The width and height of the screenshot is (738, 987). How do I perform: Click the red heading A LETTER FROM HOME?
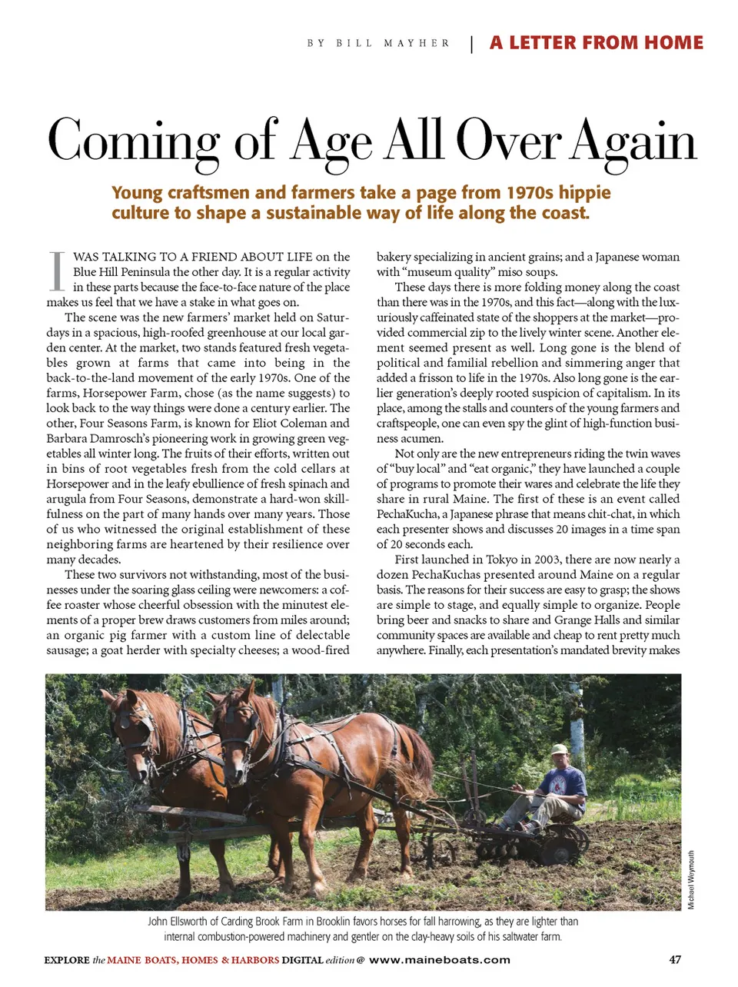[x=597, y=43]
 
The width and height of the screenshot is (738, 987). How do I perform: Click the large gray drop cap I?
[x=56, y=271]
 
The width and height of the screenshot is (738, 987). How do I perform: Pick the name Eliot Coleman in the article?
[x=314, y=423]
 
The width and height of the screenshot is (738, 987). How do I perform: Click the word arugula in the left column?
[x=66, y=499]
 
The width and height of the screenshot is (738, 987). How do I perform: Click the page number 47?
[x=675, y=959]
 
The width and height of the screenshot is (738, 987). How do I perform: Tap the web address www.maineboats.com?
[x=440, y=959]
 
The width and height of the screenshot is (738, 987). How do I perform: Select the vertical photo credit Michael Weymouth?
[x=691, y=879]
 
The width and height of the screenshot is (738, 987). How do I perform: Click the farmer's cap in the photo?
[x=559, y=749]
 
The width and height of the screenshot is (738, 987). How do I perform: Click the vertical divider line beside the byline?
[x=471, y=44]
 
